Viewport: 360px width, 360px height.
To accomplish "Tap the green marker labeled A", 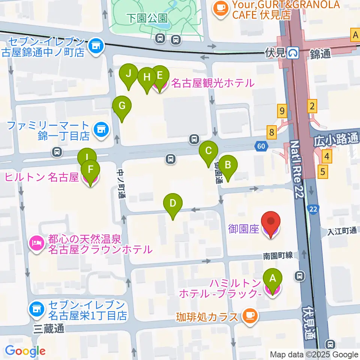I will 273,279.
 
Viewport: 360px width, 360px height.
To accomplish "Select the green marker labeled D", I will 172,204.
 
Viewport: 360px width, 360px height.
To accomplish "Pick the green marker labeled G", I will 122,107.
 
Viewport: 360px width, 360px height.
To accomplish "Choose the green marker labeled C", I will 208,152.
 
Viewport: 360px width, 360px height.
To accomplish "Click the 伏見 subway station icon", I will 293,53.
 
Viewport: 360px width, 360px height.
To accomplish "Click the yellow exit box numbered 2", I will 312,106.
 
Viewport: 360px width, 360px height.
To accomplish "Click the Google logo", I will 25,351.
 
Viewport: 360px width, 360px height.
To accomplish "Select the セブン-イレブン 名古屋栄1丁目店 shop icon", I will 36,309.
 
